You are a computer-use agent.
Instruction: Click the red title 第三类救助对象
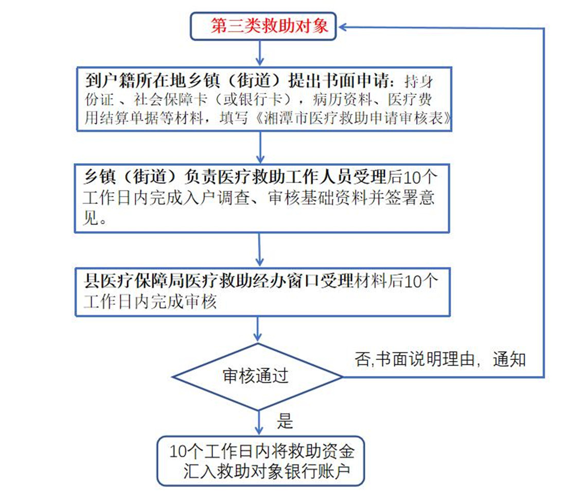[270, 26]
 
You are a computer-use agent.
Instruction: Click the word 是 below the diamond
[285, 421]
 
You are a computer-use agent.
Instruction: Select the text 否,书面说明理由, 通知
[440, 359]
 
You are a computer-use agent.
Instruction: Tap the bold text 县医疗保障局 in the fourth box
[134, 281]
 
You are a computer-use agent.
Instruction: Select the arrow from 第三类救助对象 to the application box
[260, 53]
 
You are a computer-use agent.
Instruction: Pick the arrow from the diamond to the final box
[258, 423]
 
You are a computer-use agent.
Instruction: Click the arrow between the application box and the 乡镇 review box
[260, 147]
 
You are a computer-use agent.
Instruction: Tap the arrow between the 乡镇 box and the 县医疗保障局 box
[259, 250]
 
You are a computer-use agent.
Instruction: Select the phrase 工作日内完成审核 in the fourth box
[150, 301]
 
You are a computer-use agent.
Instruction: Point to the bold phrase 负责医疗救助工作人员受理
[286, 177]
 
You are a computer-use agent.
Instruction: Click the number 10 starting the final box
[179, 452]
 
